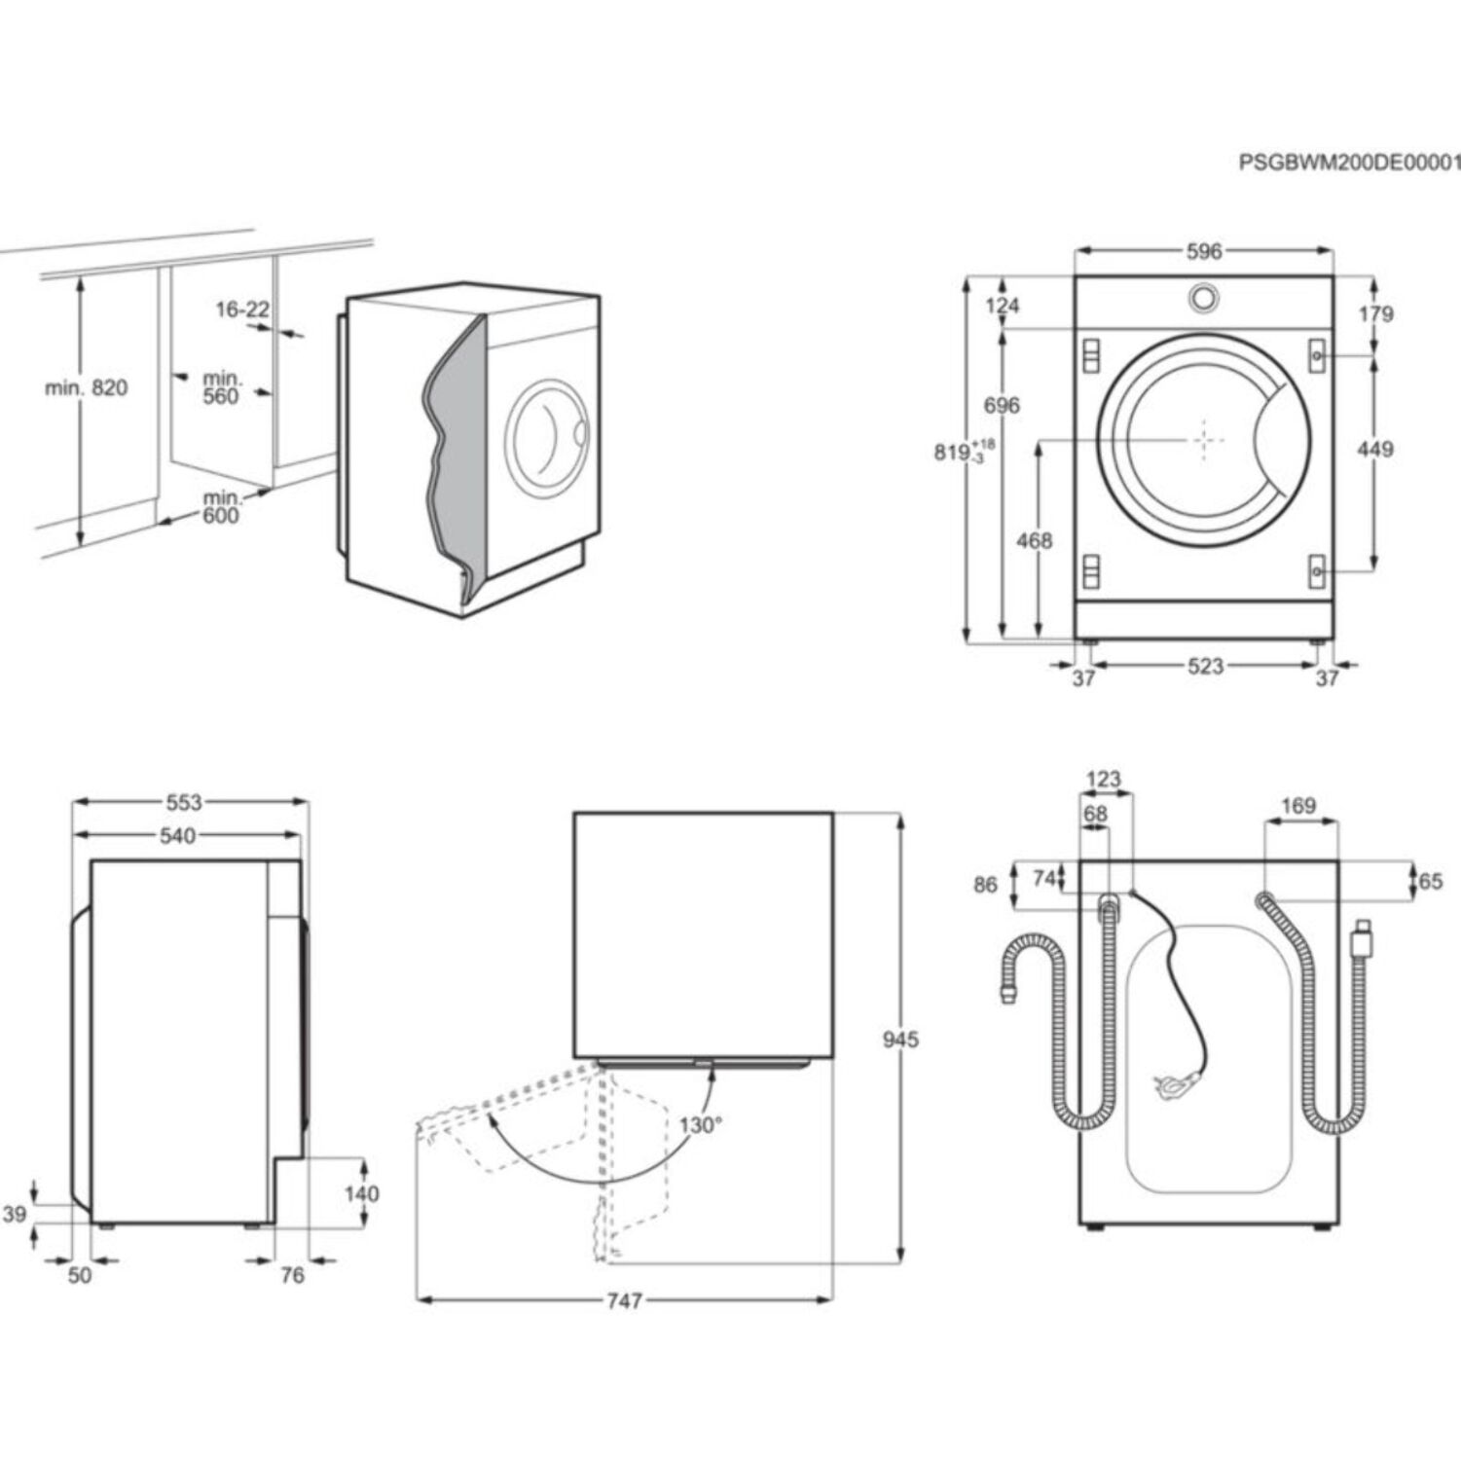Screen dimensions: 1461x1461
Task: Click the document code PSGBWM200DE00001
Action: coord(1348,163)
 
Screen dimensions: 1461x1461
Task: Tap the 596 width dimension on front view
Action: coord(1203,252)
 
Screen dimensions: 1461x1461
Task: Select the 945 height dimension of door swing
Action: coord(900,1040)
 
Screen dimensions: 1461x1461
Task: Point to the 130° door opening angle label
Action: coord(700,1125)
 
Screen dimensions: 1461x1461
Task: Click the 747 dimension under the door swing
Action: coord(624,1300)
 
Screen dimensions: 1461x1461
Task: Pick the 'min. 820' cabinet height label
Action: coord(86,388)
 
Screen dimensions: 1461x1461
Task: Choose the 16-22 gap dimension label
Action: coord(241,310)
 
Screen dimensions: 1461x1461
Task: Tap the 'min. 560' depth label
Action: coord(222,387)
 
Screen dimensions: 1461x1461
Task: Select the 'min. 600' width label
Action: coord(221,507)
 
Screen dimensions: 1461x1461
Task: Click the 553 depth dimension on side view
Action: coord(183,803)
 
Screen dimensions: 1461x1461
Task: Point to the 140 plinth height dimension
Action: coord(361,1193)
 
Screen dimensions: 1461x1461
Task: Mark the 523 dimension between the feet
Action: coord(1205,667)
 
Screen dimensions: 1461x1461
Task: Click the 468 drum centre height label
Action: coord(1034,540)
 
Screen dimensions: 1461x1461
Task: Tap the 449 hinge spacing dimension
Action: coord(1374,450)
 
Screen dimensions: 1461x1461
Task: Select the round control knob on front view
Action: coord(1204,298)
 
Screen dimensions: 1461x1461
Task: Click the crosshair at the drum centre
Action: coord(1206,441)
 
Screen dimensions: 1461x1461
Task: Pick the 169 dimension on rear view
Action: coord(1298,806)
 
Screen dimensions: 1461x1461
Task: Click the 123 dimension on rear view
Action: coord(1103,780)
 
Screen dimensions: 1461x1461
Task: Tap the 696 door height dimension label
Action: coord(1002,406)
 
